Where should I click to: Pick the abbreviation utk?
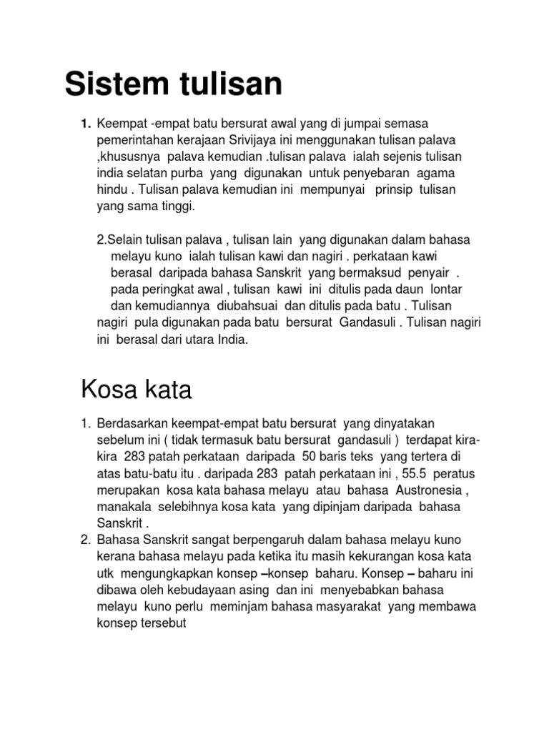point(104,573)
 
